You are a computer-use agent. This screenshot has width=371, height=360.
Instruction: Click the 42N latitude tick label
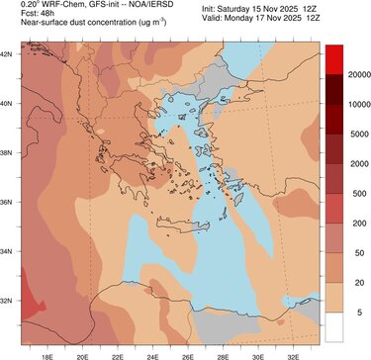click(9, 52)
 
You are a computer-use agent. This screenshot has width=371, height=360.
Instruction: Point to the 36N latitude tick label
click(9, 202)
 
